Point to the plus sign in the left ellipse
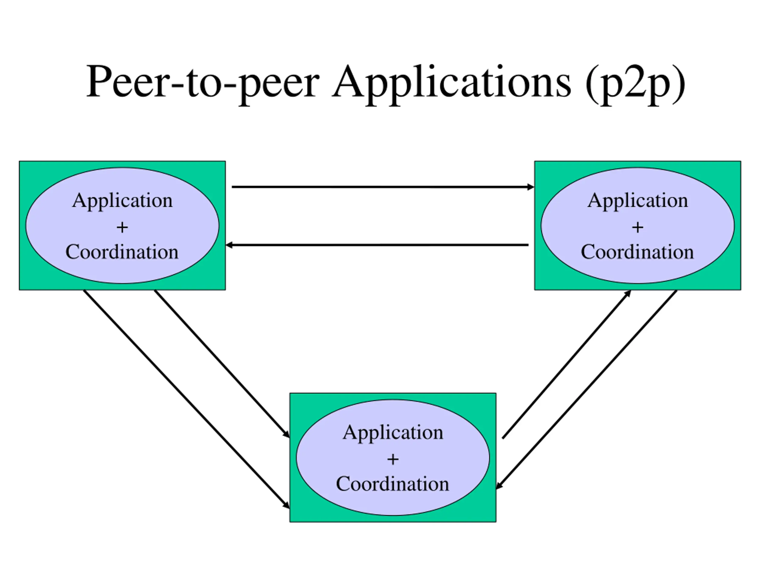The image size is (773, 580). coord(122,227)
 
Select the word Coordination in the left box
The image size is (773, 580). coord(122,252)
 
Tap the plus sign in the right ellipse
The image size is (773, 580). coord(638,227)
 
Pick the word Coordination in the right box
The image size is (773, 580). coord(637,252)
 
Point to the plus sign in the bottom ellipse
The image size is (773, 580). coord(393,459)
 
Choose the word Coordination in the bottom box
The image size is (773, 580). coord(393,484)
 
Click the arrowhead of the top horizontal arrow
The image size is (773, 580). coord(531,187)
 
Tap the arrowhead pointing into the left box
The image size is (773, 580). coord(229,245)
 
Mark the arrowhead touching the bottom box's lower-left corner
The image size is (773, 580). coord(287,505)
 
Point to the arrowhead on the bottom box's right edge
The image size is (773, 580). coord(499,486)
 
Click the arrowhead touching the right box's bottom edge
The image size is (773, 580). coord(628,293)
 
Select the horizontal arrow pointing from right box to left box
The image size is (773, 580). coord(377,245)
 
